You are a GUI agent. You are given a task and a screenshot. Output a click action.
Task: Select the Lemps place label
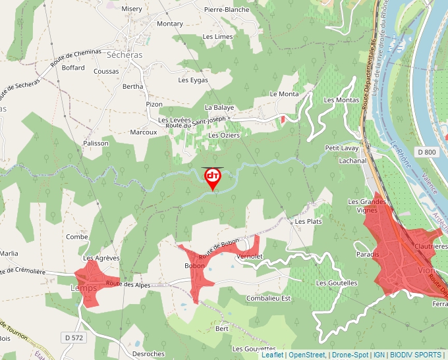tap(84, 288)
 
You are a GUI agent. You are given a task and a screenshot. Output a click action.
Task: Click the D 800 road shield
tap(427, 152)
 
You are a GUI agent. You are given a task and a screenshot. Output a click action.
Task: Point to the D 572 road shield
tap(75, 338)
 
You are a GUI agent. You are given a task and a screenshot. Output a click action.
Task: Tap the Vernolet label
tap(249, 256)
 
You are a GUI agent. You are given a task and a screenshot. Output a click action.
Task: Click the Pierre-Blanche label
tap(227, 10)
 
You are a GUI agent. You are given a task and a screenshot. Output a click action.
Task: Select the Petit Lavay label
tap(341, 149)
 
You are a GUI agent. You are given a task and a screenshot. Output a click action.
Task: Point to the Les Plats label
tap(308, 222)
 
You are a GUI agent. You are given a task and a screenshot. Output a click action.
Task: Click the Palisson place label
tap(96, 143)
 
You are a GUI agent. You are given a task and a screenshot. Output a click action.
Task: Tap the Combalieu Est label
tap(268, 298)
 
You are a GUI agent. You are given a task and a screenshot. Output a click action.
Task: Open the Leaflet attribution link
tap(272, 355)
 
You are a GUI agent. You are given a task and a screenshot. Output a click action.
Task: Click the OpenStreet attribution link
tap(307, 355)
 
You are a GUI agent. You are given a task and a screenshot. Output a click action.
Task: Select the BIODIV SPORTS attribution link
tap(415, 355)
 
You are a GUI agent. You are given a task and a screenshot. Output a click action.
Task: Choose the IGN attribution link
tap(379, 355)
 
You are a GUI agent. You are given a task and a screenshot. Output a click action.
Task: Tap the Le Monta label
tap(284, 94)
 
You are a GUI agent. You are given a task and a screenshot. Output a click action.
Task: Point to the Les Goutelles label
tap(337, 283)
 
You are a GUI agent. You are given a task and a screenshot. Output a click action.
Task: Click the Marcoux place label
tap(143, 132)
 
